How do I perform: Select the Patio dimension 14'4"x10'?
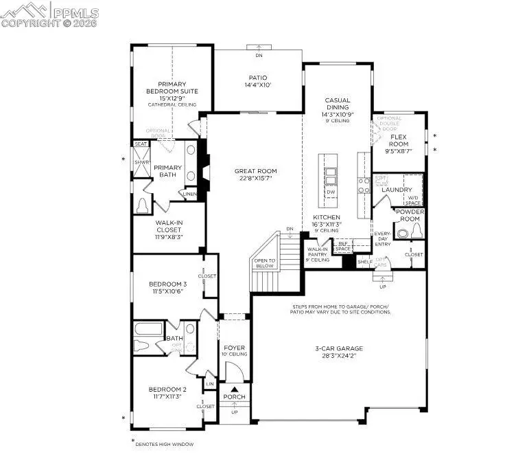click(x=258, y=85)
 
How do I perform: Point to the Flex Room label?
click(x=399, y=141)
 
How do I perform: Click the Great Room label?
click(x=254, y=172)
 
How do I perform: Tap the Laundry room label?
click(x=397, y=190)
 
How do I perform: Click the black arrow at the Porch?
click(x=234, y=389)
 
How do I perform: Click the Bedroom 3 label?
click(x=167, y=284)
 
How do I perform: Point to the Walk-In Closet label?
click(x=168, y=227)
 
